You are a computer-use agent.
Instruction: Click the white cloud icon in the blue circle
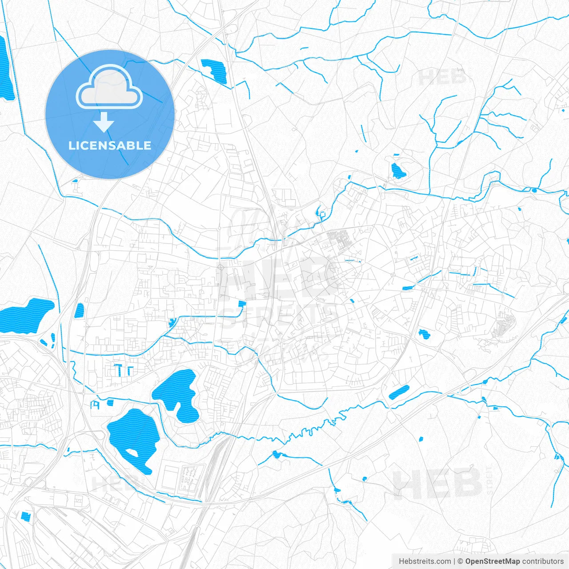point(109,88)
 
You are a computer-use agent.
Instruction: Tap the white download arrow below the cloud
point(104,123)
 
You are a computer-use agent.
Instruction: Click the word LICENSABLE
point(110,145)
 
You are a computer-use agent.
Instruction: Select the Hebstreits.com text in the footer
point(425,561)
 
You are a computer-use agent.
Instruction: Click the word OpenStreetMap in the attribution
point(493,561)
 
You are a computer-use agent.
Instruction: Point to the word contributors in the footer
point(543,561)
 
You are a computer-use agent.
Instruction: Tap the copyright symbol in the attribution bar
point(461,561)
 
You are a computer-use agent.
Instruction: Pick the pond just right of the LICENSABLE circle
point(214,70)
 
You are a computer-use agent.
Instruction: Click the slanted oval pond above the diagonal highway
point(399,392)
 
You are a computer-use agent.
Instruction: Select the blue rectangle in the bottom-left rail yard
point(25,517)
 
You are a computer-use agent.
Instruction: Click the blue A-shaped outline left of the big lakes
point(95,405)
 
